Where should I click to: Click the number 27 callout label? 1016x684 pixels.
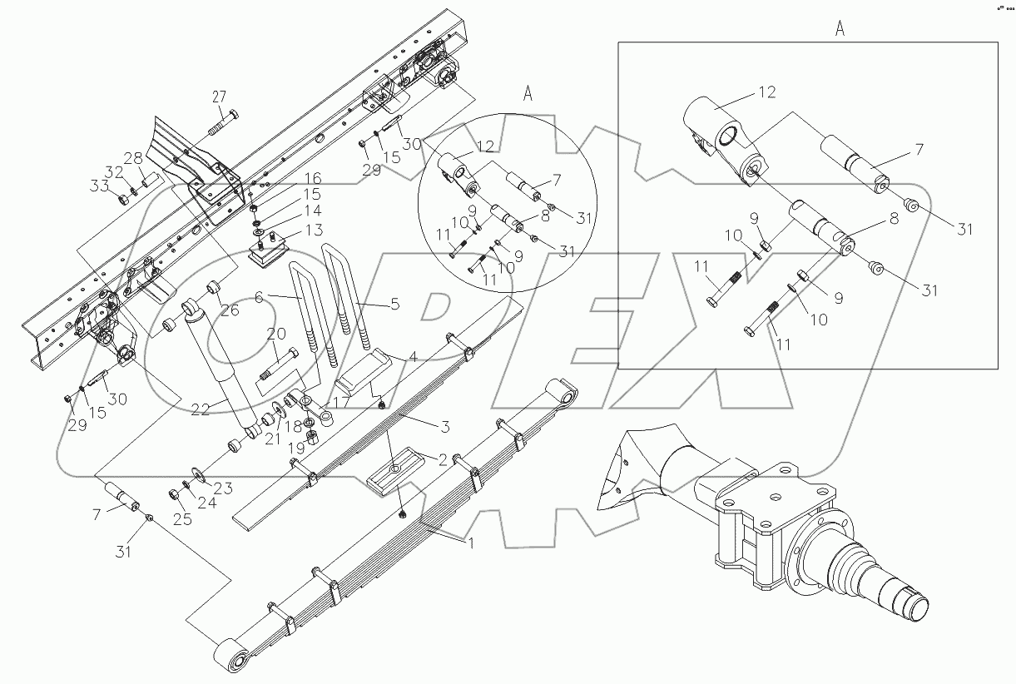[218, 96]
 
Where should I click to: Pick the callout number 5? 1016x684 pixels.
[395, 305]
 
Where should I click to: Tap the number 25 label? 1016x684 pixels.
[181, 520]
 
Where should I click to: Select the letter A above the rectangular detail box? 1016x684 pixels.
[840, 29]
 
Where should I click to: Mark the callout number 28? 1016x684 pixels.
[133, 158]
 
